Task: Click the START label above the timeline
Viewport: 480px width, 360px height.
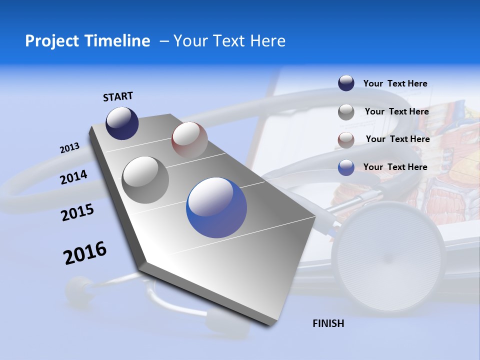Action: coord(118,96)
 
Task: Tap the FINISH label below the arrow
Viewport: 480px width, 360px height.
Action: coord(328,323)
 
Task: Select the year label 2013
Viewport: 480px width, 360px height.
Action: coord(70,148)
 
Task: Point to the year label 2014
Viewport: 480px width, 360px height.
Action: coord(74,177)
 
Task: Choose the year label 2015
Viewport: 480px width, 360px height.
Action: coord(77,212)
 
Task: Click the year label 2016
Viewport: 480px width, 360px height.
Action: coord(85,252)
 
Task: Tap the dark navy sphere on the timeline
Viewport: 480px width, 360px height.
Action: coord(122,123)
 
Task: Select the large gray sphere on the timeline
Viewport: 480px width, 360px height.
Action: coord(145,179)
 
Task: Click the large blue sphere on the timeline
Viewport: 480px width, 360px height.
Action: coord(216,207)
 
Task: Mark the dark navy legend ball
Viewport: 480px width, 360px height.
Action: coord(346,83)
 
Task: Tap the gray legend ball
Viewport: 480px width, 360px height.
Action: coord(346,112)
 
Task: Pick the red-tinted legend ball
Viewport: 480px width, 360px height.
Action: coord(346,140)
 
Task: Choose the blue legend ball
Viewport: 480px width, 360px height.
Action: coord(346,167)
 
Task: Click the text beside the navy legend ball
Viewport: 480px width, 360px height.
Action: coord(395,83)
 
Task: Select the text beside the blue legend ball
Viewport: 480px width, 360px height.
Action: coord(395,167)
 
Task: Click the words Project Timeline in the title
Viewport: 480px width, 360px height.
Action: coord(87,41)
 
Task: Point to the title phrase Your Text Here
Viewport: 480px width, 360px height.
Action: coord(229,41)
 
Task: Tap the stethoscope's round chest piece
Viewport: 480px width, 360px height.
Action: coord(390,255)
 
